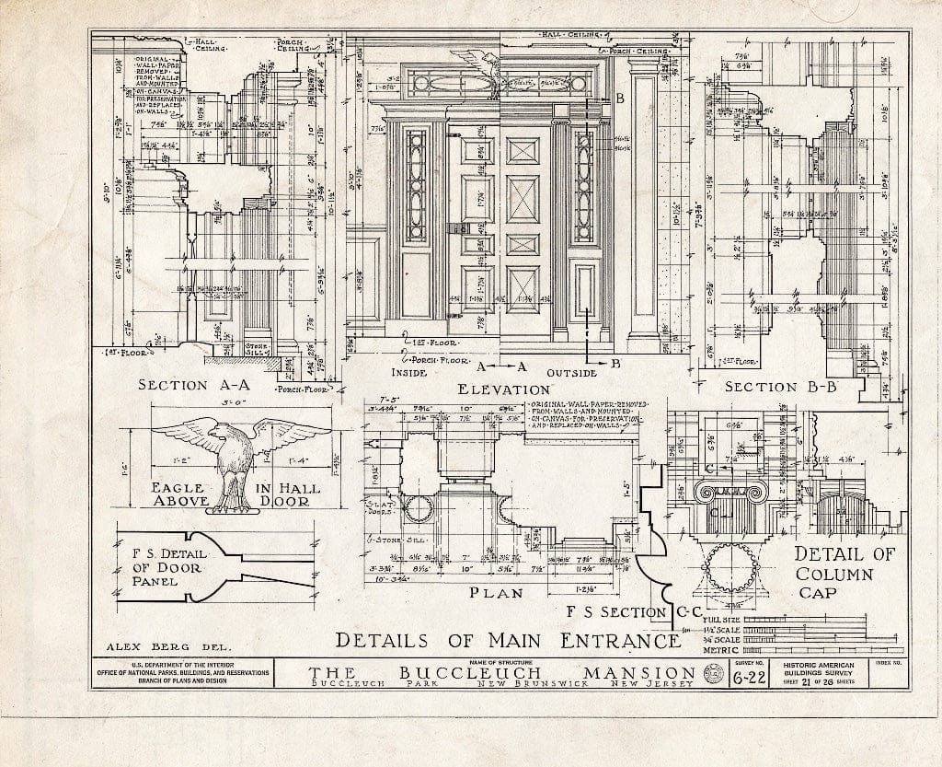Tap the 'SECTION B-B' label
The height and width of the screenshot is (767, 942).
[781, 387]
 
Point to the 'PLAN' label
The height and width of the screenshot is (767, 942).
[496, 593]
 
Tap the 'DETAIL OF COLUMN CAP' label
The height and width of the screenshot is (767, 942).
[843, 572]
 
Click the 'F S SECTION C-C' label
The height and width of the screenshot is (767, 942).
[623, 612]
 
